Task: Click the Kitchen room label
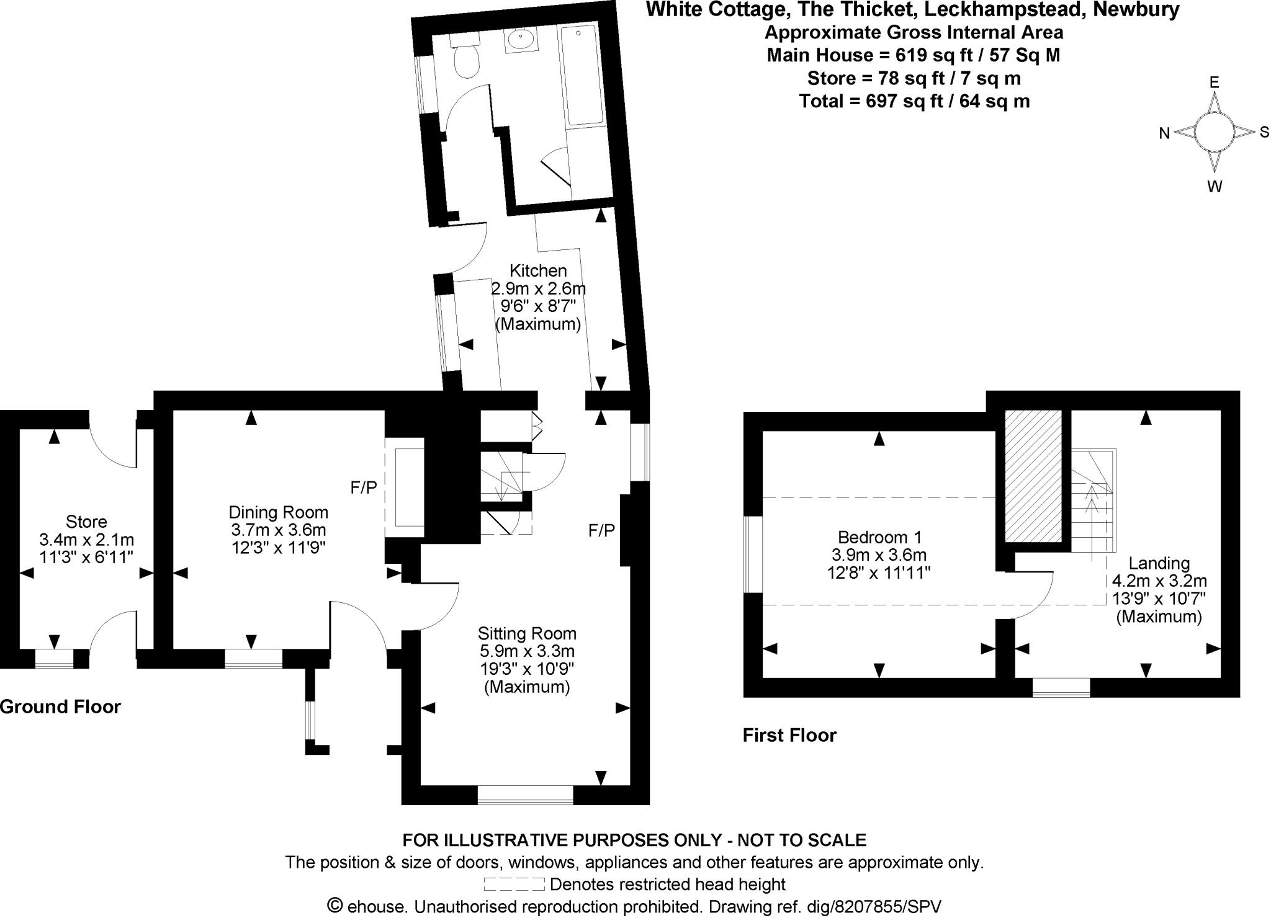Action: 538,271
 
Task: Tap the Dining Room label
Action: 279,512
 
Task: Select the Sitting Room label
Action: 527,633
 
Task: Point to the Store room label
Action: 86,522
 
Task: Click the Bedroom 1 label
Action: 879,537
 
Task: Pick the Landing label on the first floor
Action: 1159,563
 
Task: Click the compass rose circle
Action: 1214,131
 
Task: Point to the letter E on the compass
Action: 1215,82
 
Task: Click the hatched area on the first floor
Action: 1034,475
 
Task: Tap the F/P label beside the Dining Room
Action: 364,488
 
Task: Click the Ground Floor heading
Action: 60,706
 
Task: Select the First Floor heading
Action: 789,736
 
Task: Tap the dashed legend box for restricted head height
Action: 514,884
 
